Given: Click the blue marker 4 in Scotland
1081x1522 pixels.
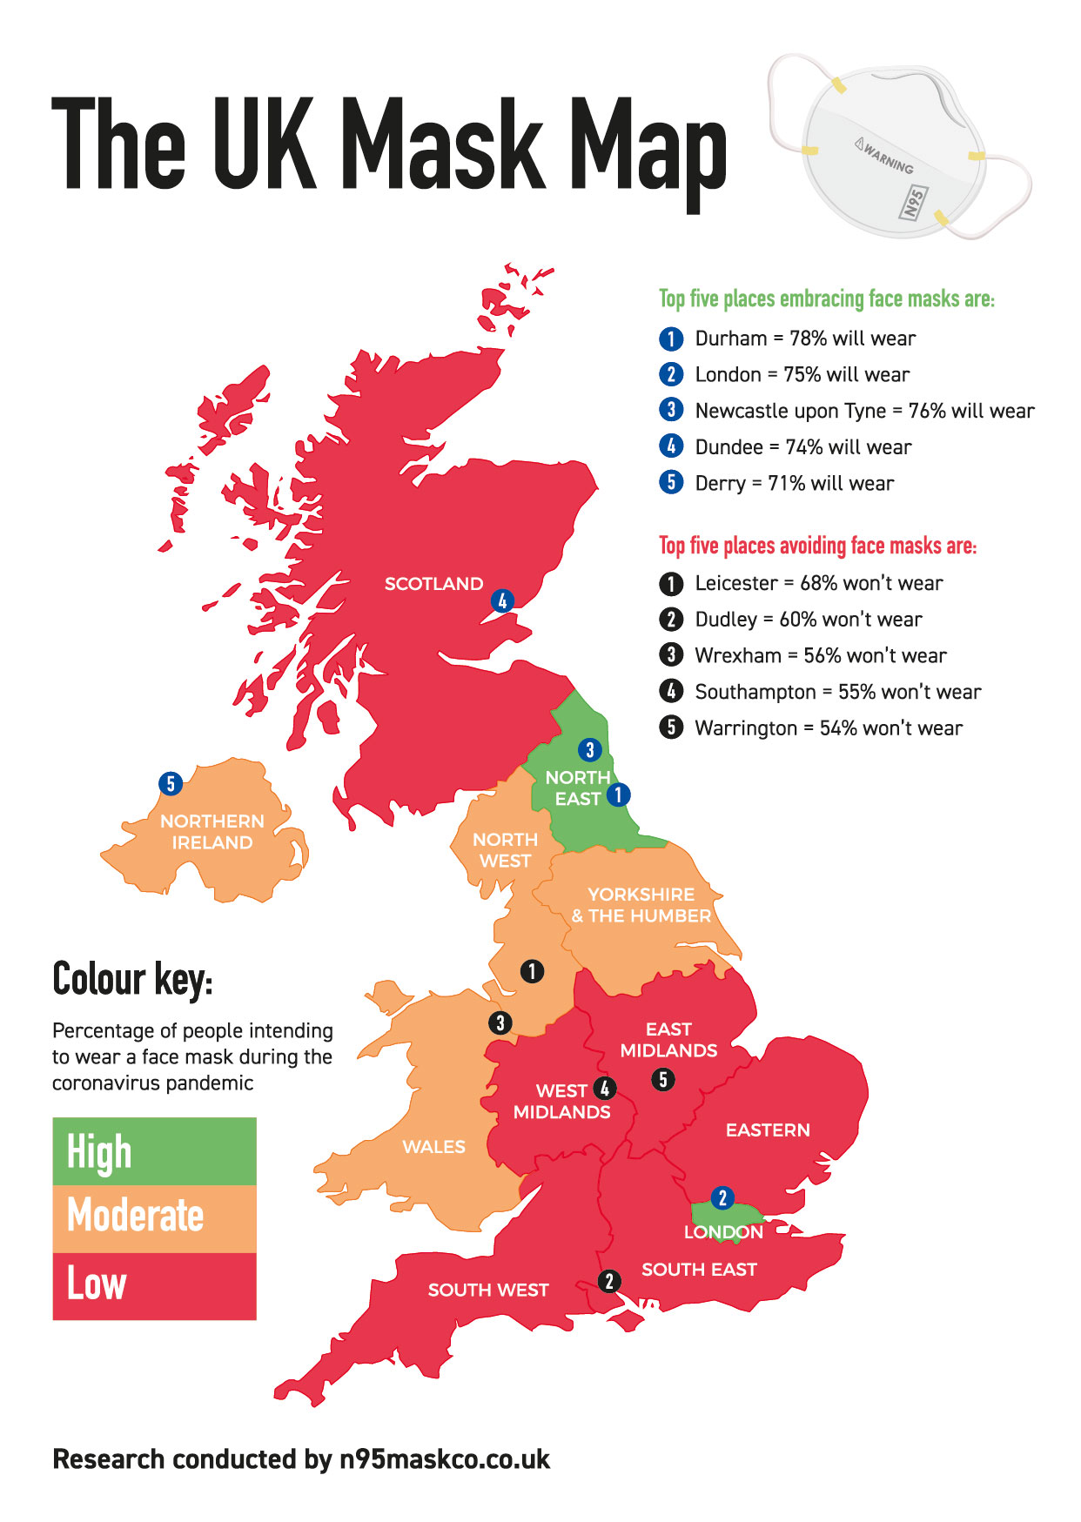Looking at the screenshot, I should [502, 600].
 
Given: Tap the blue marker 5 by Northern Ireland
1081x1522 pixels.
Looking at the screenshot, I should [171, 784].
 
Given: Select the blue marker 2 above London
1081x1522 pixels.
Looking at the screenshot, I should [722, 1198].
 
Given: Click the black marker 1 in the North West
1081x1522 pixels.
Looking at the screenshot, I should [532, 971].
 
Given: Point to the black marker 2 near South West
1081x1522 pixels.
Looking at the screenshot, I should [609, 1281].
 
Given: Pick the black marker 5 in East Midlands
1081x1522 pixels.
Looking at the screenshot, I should [663, 1080].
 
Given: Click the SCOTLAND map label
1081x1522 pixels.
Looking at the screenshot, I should [433, 584].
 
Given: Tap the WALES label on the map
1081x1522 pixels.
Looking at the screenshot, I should [433, 1147].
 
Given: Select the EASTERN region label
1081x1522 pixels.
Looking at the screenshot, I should [768, 1130].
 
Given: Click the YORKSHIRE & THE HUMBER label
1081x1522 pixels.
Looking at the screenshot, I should [641, 905].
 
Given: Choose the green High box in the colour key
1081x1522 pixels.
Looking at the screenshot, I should [154, 1151].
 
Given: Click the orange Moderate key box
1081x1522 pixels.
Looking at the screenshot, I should [154, 1218].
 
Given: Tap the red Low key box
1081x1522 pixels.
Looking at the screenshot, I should [154, 1286].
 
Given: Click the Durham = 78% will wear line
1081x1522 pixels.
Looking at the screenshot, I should [804, 339].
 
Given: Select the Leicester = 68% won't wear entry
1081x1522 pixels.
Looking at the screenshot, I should [818, 583].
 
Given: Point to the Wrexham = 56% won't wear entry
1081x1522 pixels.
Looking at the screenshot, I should [820, 655].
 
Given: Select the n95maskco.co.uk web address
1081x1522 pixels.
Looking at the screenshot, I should [444, 1459].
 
